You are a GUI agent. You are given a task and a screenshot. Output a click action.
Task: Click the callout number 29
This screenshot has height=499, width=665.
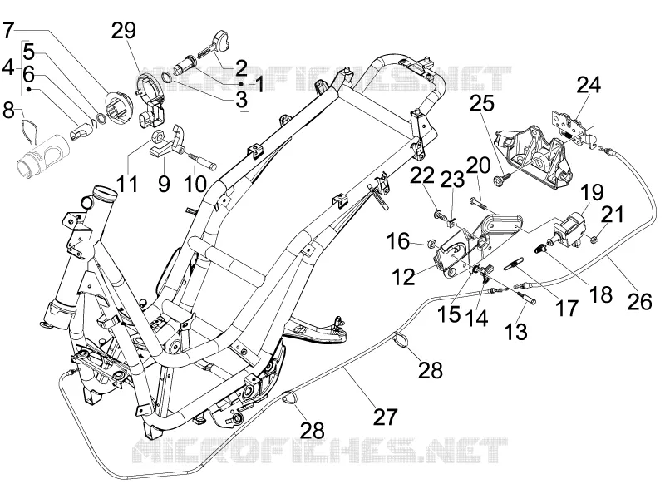(x=124, y=31)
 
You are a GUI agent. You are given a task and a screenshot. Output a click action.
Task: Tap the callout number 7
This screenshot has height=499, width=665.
(x=9, y=30)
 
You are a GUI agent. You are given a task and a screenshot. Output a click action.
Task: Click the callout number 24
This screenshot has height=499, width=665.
(x=589, y=85)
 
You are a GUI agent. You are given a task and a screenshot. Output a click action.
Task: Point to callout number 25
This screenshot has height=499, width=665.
(x=481, y=103)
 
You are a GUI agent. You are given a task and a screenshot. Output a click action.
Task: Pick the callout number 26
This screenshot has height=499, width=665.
(x=639, y=302)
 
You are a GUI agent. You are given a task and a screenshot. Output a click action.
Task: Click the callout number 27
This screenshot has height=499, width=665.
(x=386, y=417)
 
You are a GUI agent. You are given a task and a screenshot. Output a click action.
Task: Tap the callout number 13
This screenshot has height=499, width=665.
(x=515, y=331)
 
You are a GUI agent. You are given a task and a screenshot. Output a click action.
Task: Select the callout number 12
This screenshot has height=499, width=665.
(x=403, y=277)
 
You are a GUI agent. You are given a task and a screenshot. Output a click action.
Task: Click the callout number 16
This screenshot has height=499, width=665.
(x=398, y=242)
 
